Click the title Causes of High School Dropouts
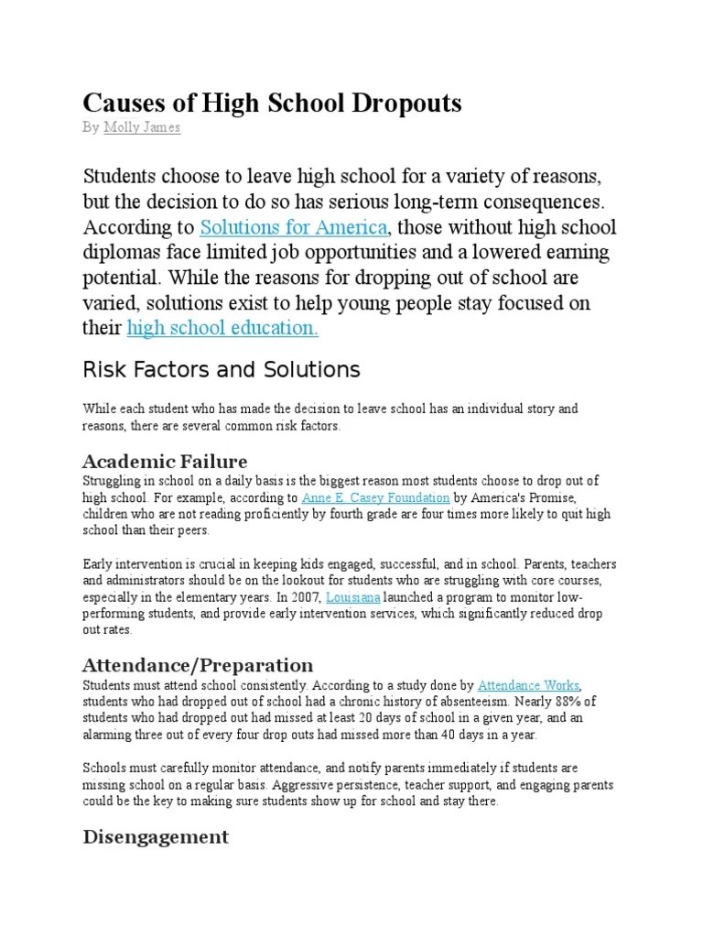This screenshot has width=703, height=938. click(x=272, y=103)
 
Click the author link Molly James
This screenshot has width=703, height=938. click(x=142, y=127)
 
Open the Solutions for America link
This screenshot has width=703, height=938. click(x=296, y=226)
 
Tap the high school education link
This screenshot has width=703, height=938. click(x=222, y=328)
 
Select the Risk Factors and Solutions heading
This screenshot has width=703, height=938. click(x=222, y=369)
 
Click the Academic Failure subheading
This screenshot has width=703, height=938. click(x=165, y=460)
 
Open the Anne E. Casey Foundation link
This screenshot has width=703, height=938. click(x=375, y=497)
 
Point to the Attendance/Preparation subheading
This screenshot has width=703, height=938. click(x=198, y=664)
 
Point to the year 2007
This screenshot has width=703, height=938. click(x=308, y=597)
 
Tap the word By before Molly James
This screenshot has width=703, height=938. click(x=91, y=127)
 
